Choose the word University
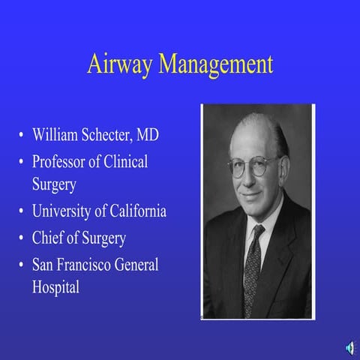tap(67, 212)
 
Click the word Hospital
tap(55, 287)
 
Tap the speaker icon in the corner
tap(349, 346)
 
